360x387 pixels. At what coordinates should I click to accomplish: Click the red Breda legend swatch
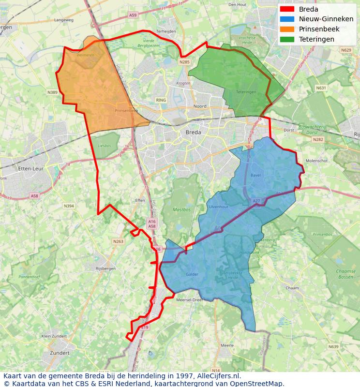tap(287, 9)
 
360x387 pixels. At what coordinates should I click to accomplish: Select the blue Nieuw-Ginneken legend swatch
tap(287, 19)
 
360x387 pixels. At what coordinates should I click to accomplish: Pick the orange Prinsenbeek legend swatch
tap(287, 30)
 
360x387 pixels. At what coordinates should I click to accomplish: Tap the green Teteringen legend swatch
tap(287, 40)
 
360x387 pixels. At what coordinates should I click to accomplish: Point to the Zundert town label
tap(60, 353)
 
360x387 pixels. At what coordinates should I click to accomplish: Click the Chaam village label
tap(292, 288)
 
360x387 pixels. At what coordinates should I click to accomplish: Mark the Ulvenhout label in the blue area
tap(218, 207)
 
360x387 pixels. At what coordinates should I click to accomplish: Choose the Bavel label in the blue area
tap(256, 175)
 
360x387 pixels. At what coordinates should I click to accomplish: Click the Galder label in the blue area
tap(192, 274)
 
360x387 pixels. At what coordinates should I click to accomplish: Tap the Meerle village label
tap(227, 345)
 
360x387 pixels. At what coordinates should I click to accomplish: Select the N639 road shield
tap(333, 347)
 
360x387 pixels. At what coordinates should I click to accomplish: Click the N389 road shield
tap(52, 92)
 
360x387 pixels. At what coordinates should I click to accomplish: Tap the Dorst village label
tap(288, 130)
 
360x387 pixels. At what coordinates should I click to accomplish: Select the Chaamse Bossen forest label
tap(345, 274)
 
